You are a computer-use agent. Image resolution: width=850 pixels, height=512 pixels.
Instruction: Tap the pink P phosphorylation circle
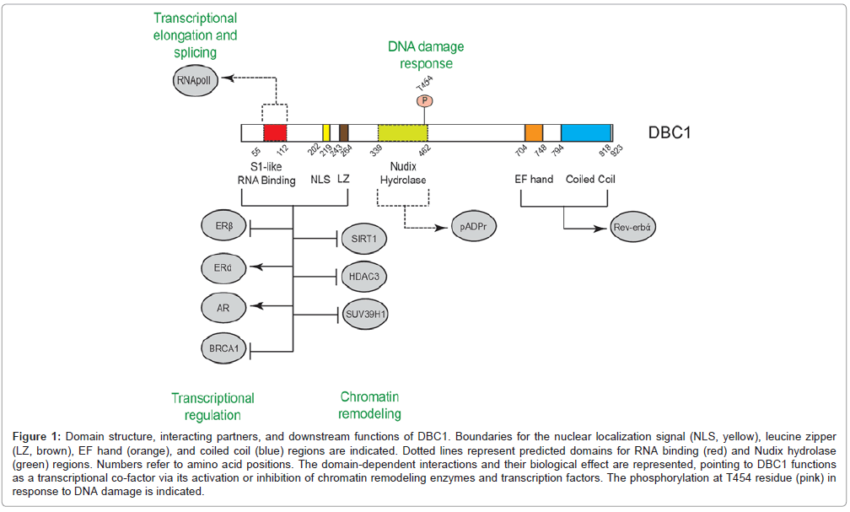coord(426,101)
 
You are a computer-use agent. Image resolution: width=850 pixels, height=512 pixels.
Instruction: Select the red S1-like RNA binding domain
coord(275,133)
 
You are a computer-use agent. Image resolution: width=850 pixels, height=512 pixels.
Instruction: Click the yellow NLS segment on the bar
coord(326,133)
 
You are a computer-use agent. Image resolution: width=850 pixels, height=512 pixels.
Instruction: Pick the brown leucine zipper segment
coord(344,133)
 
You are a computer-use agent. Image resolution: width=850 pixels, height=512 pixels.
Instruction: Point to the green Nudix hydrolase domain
coord(402,133)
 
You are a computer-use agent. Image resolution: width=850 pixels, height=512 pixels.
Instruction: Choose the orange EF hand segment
coord(534,133)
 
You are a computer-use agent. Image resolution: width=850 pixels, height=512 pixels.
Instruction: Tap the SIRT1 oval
coord(364,239)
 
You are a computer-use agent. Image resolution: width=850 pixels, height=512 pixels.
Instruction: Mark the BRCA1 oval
coord(223,346)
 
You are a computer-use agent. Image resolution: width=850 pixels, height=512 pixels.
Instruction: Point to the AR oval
coord(223,308)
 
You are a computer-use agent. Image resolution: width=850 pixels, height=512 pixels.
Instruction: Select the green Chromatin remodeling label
coord(369,405)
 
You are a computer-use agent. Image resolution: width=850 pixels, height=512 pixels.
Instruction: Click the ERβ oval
coord(223,226)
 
